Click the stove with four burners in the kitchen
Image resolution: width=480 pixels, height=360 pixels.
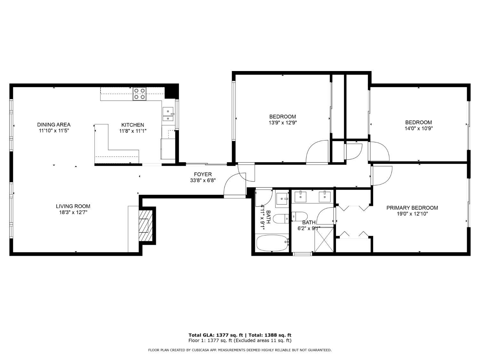tap(140, 94)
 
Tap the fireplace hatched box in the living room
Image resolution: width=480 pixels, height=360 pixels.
tap(146, 226)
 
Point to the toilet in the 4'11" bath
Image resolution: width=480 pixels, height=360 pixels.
tap(282, 219)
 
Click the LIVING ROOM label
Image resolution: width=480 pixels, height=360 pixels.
tap(73, 206)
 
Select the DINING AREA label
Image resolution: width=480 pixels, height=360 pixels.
tap(54, 124)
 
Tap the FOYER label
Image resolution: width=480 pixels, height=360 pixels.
tap(203, 174)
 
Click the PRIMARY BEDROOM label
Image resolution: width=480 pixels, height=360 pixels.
tap(412, 208)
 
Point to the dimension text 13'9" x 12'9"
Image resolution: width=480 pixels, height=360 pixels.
tap(283, 123)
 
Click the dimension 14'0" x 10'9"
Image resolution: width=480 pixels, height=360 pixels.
tap(419, 128)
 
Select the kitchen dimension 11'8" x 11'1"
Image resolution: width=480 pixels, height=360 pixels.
tap(132, 131)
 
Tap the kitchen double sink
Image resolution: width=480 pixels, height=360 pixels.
tap(168, 115)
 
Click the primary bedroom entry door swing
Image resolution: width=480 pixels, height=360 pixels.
tap(381, 176)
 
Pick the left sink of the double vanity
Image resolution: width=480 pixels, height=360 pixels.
tap(301, 196)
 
